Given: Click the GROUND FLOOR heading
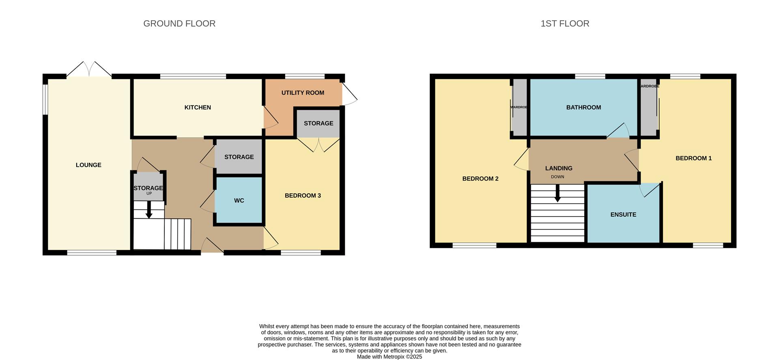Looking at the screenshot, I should pyautogui.click(x=179, y=24).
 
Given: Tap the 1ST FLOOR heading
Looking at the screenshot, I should pyautogui.click(x=564, y=24).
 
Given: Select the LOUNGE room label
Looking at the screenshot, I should pyautogui.click(x=88, y=165).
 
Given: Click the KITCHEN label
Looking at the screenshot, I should pyautogui.click(x=198, y=108).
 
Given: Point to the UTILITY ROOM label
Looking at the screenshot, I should pyautogui.click(x=303, y=93).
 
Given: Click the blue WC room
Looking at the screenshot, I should pyautogui.click(x=239, y=200).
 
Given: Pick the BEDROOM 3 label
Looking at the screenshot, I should pyautogui.click(x=303, y=196).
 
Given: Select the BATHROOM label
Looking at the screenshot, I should pyautogui.click(x=583, y=108).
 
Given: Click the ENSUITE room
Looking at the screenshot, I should pyautogui.click(x=623, y=214).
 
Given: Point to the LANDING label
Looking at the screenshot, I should pyautogui.click(x=559, y=168).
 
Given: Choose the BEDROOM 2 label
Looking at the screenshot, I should pyautogui.click(x=480, y=179).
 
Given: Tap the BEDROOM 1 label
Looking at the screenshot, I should pyautogui.click(x=693, y=158).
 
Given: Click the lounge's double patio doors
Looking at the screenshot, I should pyautogui.click(x=89, y=70).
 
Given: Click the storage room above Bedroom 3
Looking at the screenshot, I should pyautogui.click(x=318, y=123).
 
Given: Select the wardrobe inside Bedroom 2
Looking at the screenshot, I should pyautogui.click(x=519, y=108).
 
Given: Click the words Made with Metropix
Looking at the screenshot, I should pyautogui.click(x=389, y=357).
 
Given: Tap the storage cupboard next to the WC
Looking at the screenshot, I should pyautogui.click(x=239, y=157).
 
